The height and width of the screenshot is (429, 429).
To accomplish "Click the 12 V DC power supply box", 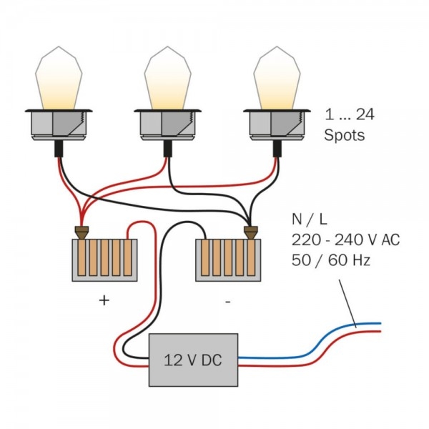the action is pyautogui.click(x=193, y=360).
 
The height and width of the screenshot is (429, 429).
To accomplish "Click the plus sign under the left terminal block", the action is pyautogui.click(x=104, y=301).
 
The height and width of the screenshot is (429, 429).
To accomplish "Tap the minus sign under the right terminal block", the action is pyautogui.click(x=227, y=302).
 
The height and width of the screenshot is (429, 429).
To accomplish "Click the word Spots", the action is pyautogui.click(x=345, y=135).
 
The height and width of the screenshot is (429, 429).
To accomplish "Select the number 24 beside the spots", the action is pyautogui.click(x=365, y=114).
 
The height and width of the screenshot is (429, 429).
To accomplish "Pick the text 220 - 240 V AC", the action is pyautogui.click(x=345, y=240).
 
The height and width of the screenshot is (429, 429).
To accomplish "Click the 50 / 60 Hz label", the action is pyautogui.click(x=331, y=260).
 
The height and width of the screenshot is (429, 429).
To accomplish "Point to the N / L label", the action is pyautogui.click(x=310, y=220).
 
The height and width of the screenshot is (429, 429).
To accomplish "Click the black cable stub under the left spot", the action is pyautogui.click(x=59, y=149).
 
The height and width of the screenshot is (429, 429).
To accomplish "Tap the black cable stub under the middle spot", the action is pyautogui.click(x=168, y=149).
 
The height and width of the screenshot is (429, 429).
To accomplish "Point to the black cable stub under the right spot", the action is pyautogui.click(x=277, y=149).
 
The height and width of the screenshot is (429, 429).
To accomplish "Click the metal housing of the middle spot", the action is pyautogui.click(x=167, y=124).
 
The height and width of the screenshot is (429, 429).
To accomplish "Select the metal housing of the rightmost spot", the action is pyautogui.click(x=277, y=124).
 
